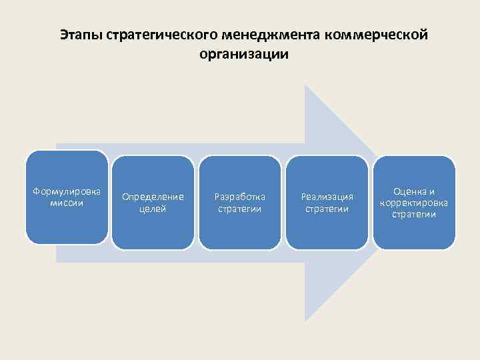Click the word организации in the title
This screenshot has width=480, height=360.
coord(243,54)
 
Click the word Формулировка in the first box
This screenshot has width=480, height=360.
coord(67,192)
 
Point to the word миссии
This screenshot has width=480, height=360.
coord(67,203)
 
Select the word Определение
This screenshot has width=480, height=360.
coord(153,197)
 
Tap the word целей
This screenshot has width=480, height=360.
coord(153,209)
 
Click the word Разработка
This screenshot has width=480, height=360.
coord(240,197)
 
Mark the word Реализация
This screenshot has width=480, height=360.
coord(327,197)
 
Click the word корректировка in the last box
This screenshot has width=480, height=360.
coord(414,203)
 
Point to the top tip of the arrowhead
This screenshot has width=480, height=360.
coord(305,85)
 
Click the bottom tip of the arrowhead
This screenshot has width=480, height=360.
coord(305,321)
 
